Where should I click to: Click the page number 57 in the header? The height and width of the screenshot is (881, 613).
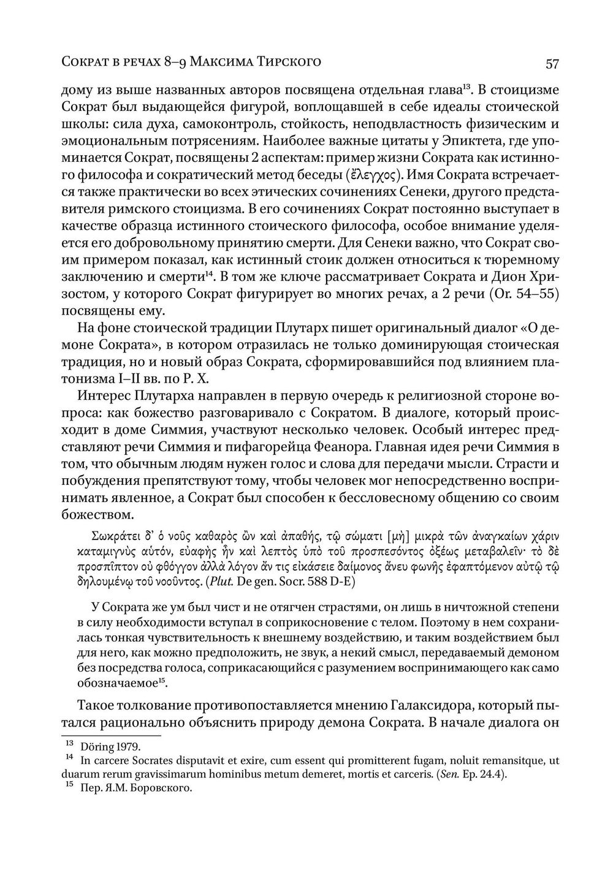pyautogui.click(x=552, y=63)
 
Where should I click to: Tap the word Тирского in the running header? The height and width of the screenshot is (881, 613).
pyautogui.click(x=289, y=61)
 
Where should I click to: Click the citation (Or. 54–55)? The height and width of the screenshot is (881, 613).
pyautogui.click(x=524, y=293)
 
